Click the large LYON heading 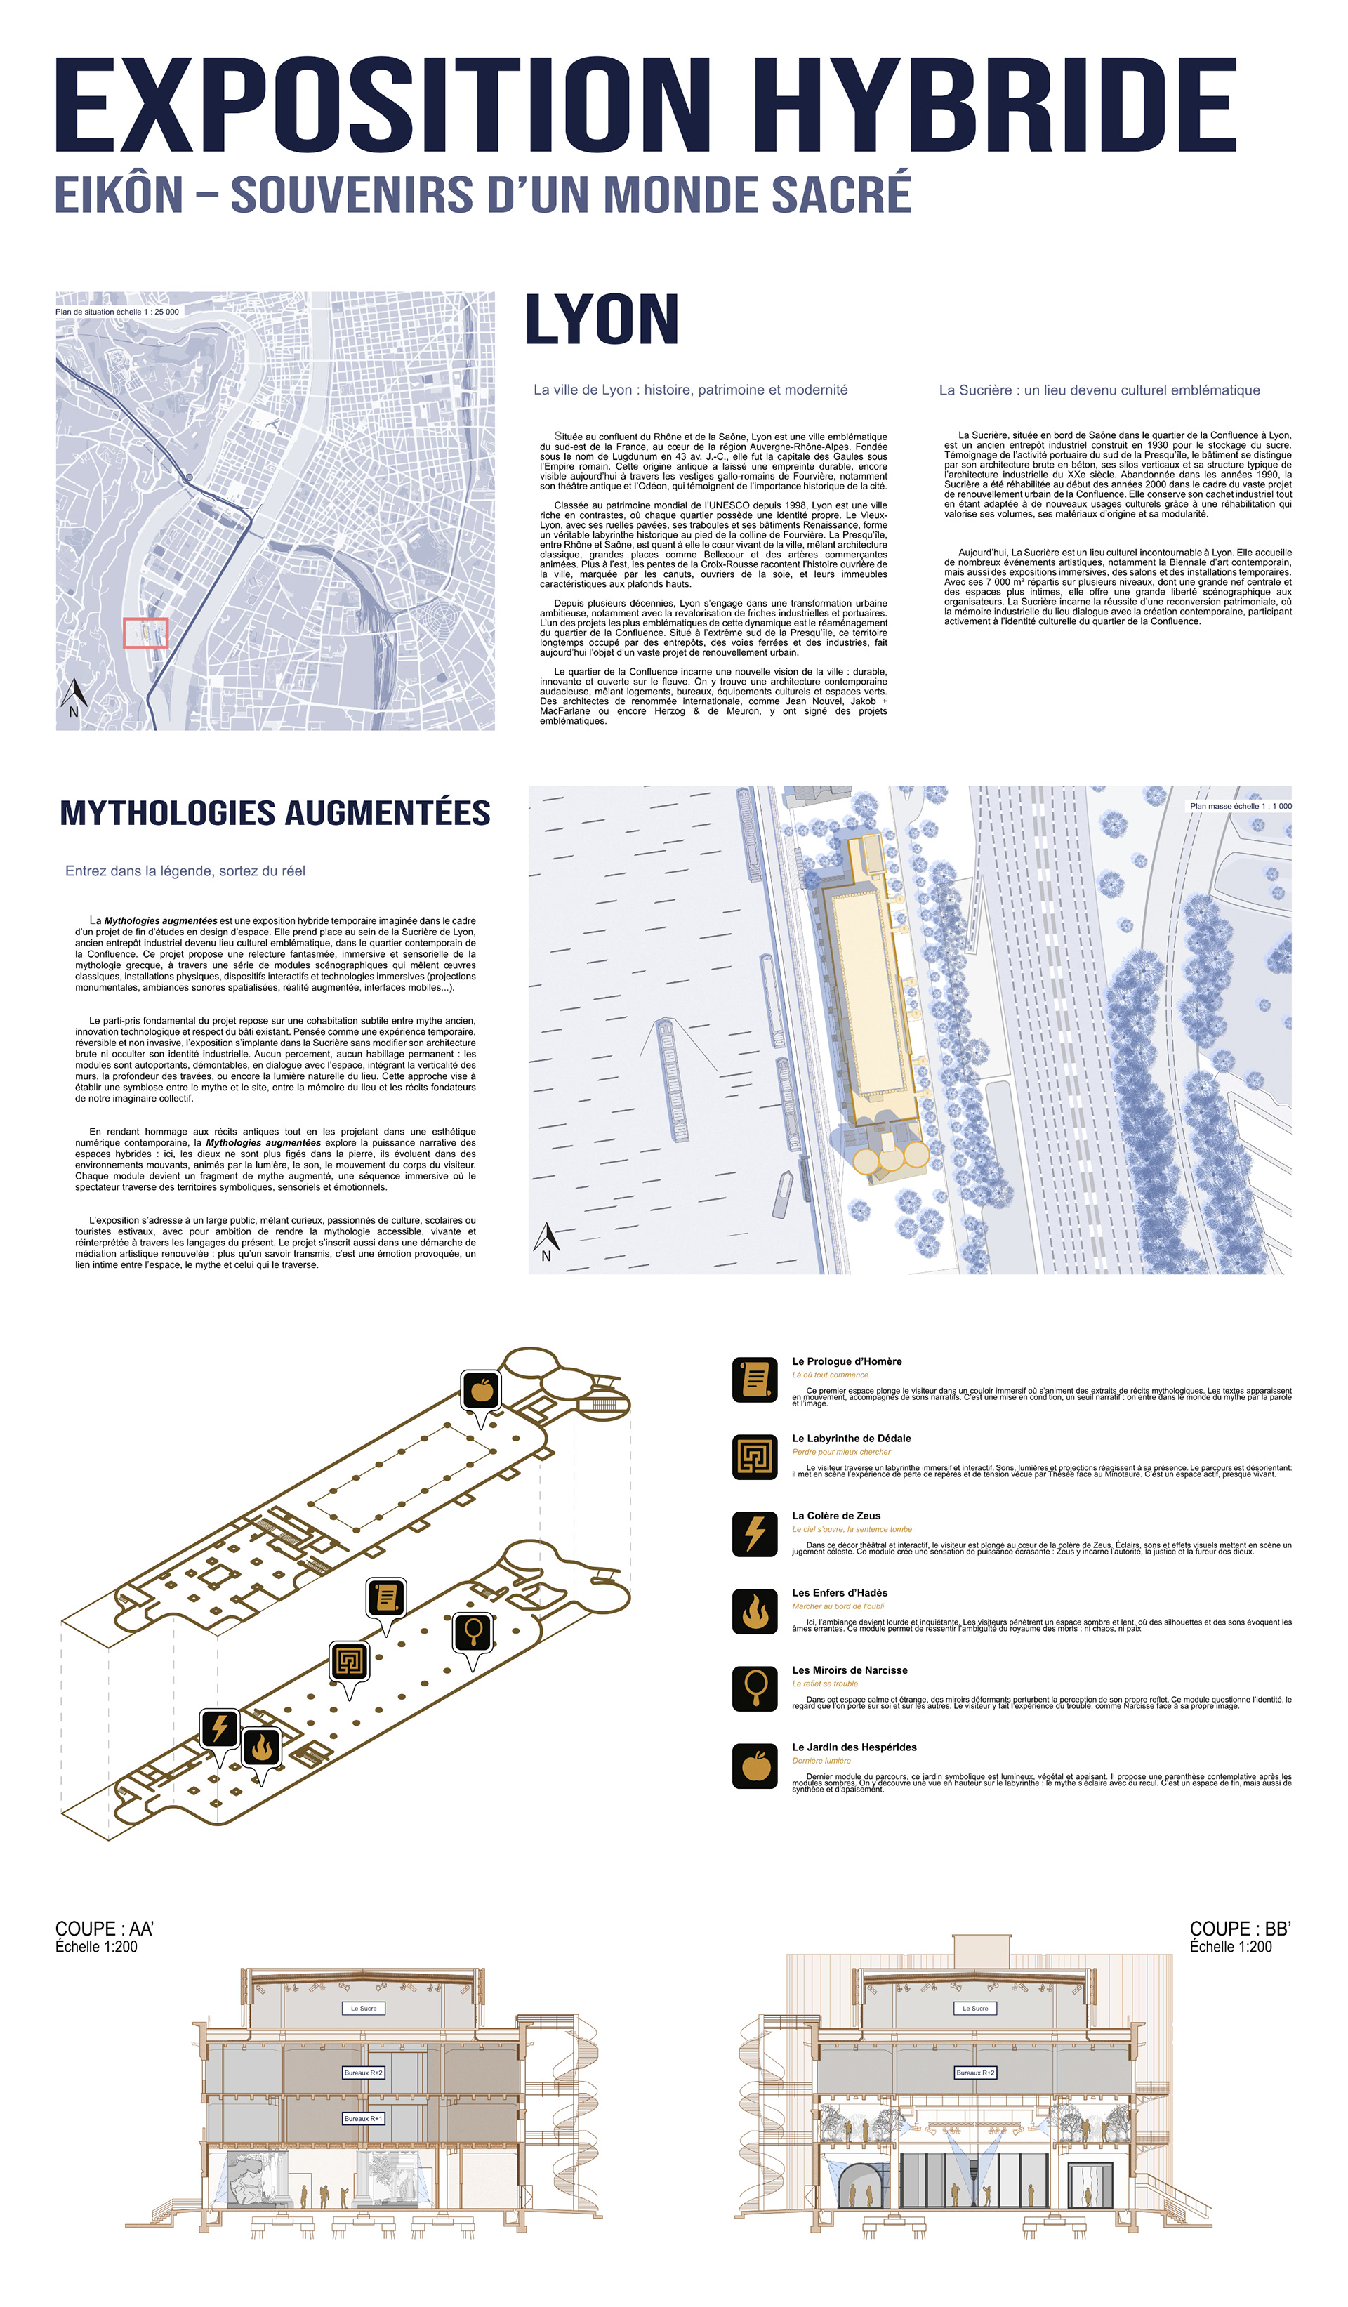(602, 320)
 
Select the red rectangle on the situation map (145, 633)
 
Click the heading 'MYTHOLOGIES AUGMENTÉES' (275, 813)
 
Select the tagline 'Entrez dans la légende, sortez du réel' (185, 871)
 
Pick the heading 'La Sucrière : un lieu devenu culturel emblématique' (1099, 390)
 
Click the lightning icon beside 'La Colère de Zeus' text (755, 1533)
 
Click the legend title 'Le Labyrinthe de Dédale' (851, 1439)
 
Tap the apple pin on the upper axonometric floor (482, 1392)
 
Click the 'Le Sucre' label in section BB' (975, 2009)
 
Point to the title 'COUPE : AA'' (105, 1929)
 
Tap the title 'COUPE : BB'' (1240, 1929)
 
